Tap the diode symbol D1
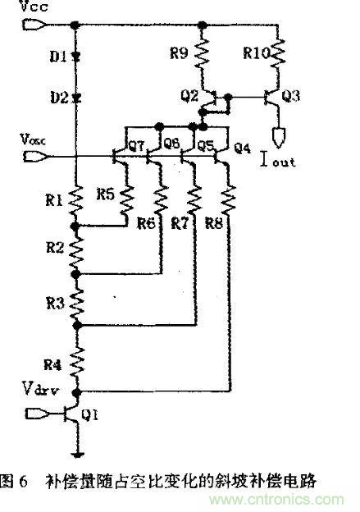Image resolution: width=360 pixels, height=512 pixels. click(75, 57)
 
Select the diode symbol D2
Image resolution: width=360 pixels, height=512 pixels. click(75, 98)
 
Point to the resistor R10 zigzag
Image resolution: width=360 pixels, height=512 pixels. click(279, 56)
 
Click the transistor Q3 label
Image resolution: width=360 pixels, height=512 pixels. click(290, 96)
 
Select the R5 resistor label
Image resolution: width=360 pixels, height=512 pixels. click(105, 194)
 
